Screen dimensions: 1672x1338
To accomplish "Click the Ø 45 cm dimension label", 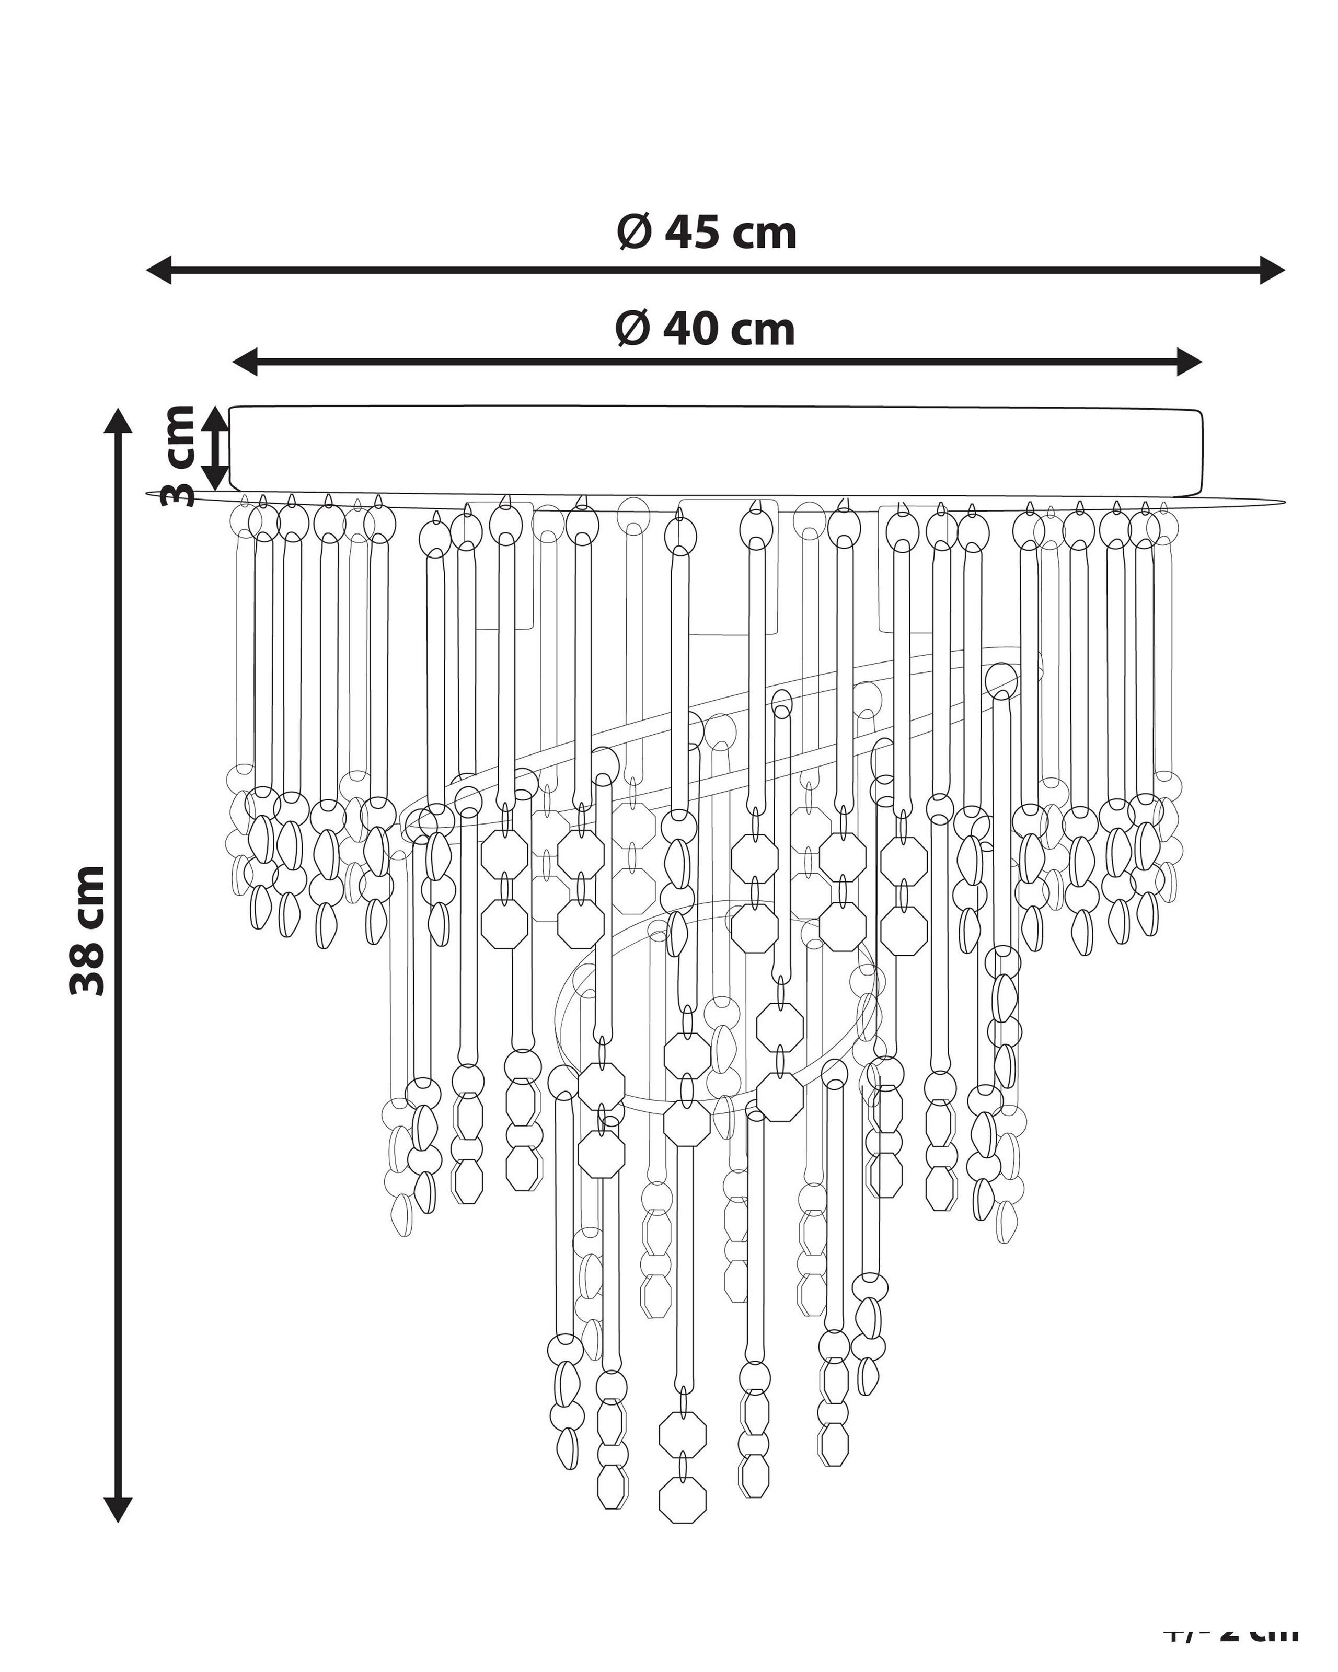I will tap(707, 232).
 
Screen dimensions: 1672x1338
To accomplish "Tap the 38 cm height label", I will tap(87, 931).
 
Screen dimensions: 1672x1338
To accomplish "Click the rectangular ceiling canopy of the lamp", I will tap(713, 450).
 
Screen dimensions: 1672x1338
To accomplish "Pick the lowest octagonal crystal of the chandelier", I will tap(683, 1497).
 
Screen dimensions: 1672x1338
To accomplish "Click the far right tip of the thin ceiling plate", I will tap(1284, 503).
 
